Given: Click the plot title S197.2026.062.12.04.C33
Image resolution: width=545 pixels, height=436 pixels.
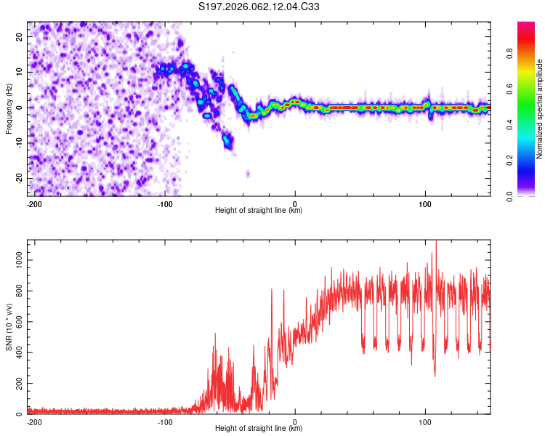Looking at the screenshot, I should click(259, 7).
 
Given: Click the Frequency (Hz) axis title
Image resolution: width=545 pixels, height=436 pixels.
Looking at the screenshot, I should click(9, 109).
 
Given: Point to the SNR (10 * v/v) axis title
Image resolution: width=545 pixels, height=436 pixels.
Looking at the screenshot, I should click(9, 328).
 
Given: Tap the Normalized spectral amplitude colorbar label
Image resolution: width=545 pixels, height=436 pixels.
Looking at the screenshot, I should click(539, 110).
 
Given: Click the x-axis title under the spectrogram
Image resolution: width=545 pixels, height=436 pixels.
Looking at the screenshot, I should click(259, 211).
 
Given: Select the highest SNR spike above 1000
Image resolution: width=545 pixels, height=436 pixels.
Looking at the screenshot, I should click(436, 243).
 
